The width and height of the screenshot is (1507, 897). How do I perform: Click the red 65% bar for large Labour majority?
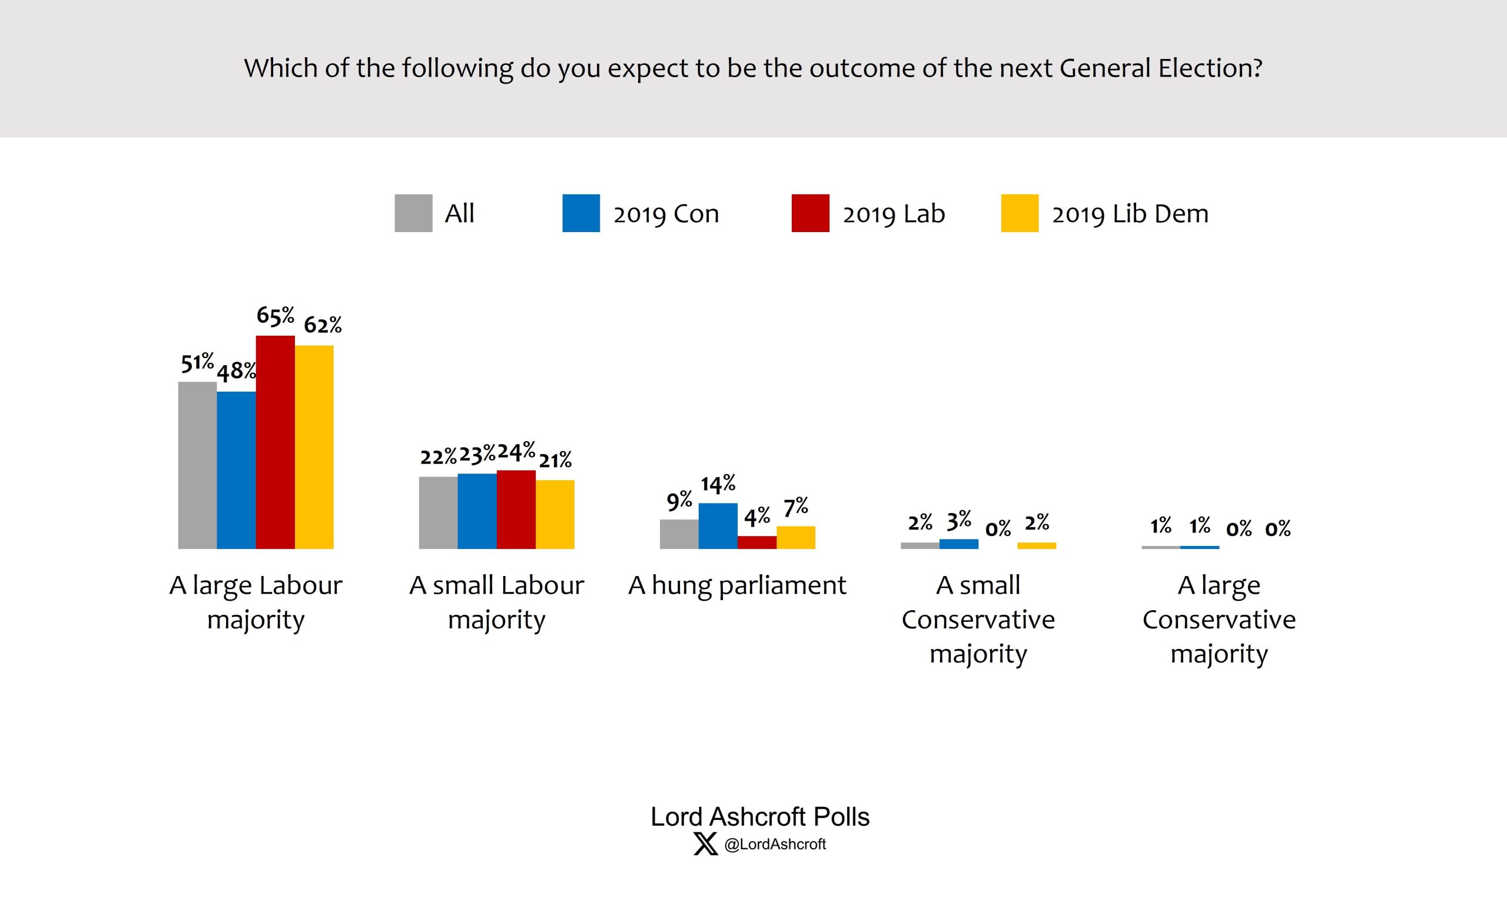tap(275, 442)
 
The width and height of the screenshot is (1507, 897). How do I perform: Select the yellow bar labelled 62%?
tap(314, 446)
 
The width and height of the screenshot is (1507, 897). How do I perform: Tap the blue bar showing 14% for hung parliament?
tap(718, 525)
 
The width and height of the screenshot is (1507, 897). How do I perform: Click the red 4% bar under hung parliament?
tap(757, 542)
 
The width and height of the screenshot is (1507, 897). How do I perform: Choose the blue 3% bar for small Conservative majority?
tap(958, 544)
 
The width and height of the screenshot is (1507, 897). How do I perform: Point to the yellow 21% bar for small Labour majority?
tap(555, 514)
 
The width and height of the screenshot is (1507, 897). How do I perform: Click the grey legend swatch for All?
tap(413, 213)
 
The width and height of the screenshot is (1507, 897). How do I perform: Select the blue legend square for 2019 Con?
tap(580, 213)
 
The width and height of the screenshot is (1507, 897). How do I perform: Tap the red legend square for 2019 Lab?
tap(810, 213)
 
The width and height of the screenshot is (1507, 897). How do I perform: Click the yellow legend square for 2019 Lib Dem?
tap(1020, 213)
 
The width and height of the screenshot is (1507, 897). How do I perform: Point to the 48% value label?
tap(236, 371)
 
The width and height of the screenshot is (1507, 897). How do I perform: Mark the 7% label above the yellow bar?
tap(795, 507)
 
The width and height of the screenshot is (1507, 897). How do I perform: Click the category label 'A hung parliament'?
tap(737, 585)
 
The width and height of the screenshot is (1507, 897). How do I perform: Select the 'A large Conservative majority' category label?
tap(1219, 620)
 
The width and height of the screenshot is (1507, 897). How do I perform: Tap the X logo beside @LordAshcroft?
tap(705, 844)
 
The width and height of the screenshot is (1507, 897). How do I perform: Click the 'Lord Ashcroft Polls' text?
tap(759, 817)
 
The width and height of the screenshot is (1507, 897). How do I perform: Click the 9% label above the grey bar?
tap(679, 500)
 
